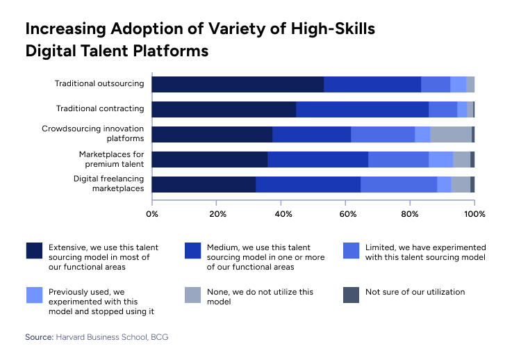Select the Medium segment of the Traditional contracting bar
(362, 109)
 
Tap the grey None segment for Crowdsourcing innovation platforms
(451, 134)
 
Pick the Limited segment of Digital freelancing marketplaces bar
(399, 184)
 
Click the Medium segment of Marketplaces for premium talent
(317, 159)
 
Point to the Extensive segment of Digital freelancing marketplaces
(204, 184)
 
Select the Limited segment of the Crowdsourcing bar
(383, 134)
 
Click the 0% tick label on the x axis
(152, 213)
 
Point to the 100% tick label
(474, 213)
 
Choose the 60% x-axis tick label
(345, 213)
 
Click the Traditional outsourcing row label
(99, 84)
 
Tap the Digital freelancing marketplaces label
(108, 183)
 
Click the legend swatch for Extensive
(34, 251)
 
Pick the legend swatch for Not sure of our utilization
(352, 295)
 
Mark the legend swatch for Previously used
(34, 295)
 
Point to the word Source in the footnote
(39, 337)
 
